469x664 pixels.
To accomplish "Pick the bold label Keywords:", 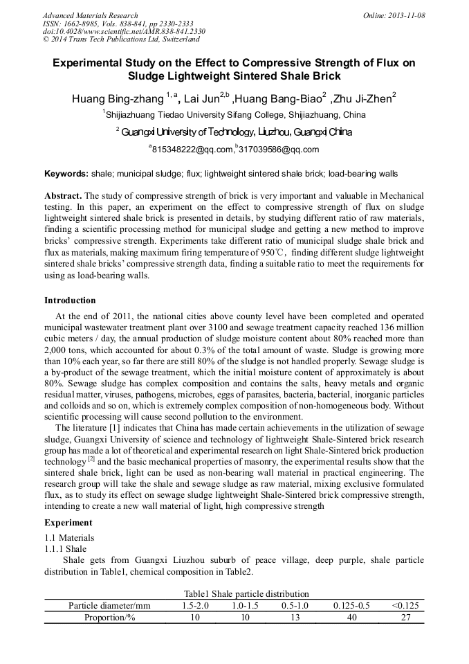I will tap(66, 173).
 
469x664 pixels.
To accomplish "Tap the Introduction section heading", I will tap(70, 300).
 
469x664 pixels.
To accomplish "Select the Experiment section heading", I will tap(68, 523).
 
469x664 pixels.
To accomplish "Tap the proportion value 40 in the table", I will tap(351, 618).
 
